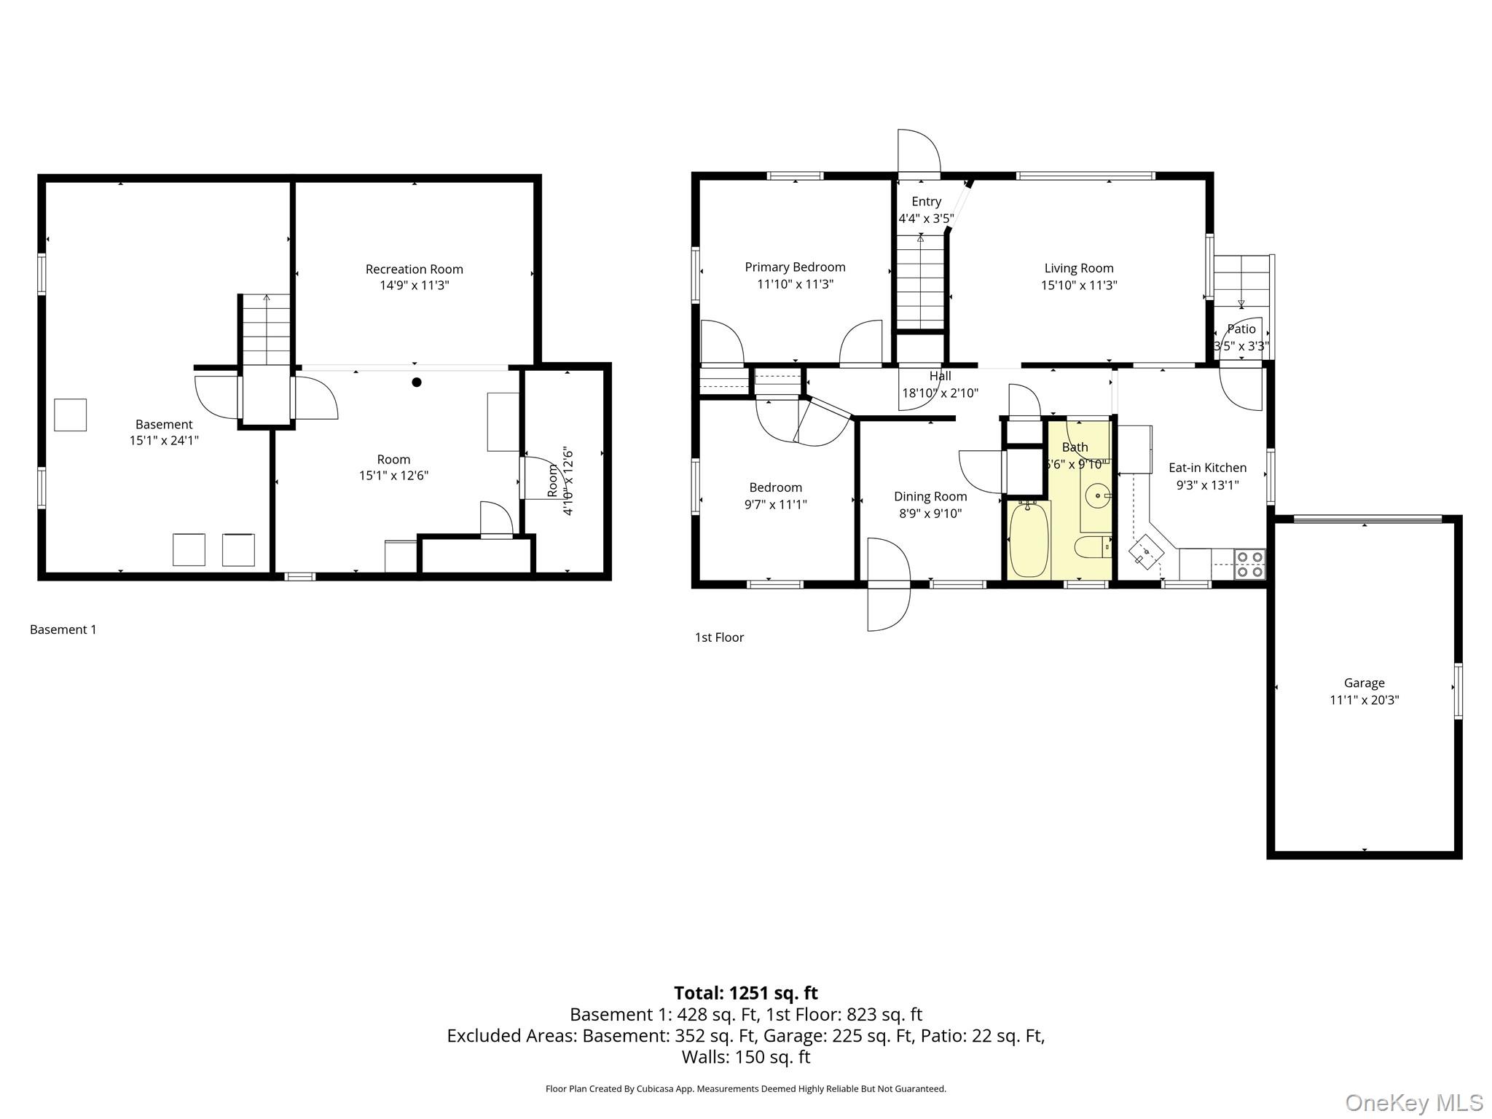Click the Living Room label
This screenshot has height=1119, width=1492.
[1079, 268]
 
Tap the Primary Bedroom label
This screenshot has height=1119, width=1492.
[795, 267]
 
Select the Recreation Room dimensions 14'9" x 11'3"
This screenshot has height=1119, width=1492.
[414, 285]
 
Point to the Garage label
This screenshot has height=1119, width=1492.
[1364, 683]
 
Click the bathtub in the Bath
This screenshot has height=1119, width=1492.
[1029, 538]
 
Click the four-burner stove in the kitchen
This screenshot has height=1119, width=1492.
[1249, 564]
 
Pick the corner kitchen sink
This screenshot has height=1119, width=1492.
[1146, 551]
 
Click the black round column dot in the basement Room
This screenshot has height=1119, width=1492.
[417, 382]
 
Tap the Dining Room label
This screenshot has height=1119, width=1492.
[930, 497]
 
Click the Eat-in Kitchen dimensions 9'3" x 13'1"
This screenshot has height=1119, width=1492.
[1207, 484]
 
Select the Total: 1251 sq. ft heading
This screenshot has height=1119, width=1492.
[745, 993]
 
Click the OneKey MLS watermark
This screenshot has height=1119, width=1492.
[1414, 1102]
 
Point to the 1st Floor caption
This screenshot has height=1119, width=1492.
[719, 637]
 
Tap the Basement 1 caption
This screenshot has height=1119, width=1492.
[63, 629]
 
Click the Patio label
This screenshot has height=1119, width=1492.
[1241, 329]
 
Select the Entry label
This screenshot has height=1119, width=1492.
[926, 202]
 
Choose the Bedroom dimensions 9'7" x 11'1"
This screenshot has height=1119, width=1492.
[775, 504]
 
